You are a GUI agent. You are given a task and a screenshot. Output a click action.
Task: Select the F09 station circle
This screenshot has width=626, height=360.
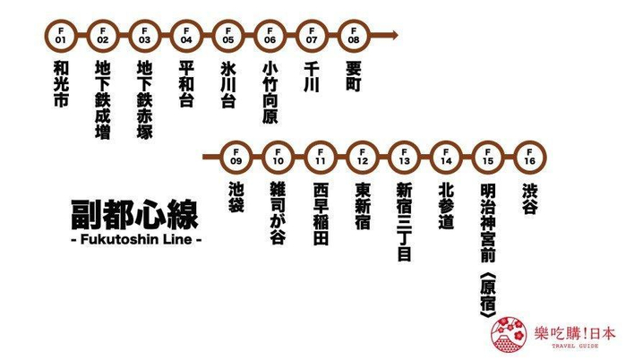click(x=236, y=159)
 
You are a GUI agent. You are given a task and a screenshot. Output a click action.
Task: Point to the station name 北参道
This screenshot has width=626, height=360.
click(x=446, y=207)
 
